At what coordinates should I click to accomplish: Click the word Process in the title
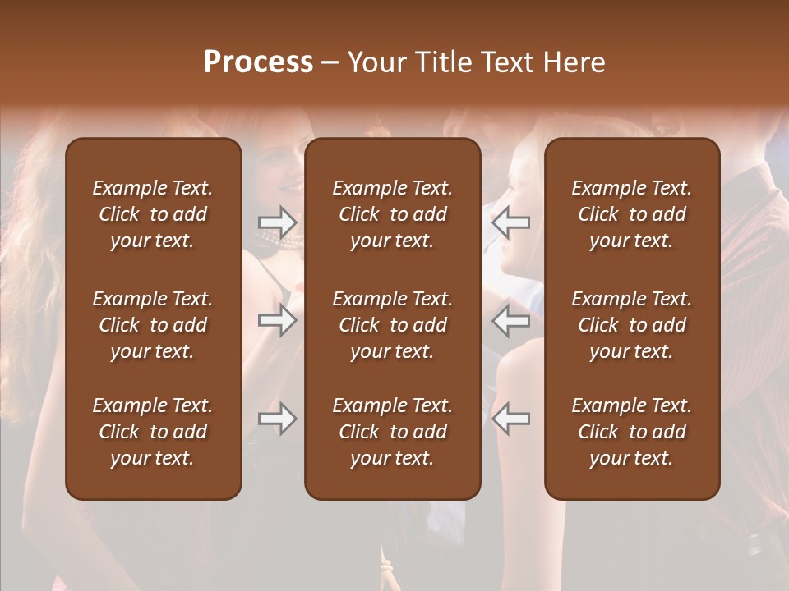point(258,62)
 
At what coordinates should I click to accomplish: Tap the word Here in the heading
point(574,62)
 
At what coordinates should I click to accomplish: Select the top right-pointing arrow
point(277,222)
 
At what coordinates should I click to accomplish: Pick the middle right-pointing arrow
point(277,320)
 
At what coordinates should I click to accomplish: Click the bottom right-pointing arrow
point(277,419)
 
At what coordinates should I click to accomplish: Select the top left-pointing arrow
point(510,222)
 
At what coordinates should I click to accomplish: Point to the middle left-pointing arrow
point(510,320)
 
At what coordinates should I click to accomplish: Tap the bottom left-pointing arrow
point(510,419)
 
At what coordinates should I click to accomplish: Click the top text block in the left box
point(153,214)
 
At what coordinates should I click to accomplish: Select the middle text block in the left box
point(153,325)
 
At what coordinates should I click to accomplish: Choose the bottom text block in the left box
point(153,432)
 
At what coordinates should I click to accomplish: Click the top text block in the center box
point(392,214)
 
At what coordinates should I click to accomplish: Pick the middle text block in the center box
point(392,325)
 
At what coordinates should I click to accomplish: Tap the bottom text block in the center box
point(392,432)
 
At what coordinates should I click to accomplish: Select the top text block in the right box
point(631,214)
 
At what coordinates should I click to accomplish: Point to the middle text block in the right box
point(631,325)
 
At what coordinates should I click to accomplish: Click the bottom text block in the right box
point(631,432)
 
